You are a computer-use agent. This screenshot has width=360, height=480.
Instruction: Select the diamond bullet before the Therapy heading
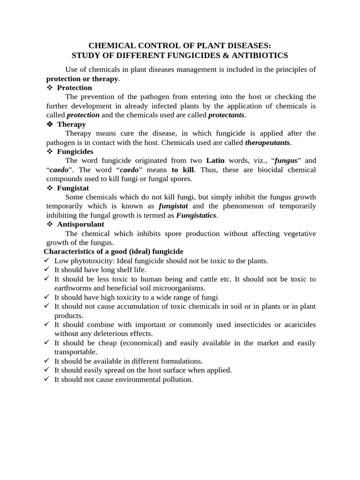(x=50, y=124)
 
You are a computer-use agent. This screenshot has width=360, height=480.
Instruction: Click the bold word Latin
(x=215, y=161)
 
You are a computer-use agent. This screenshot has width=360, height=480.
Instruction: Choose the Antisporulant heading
(x=81, y=225)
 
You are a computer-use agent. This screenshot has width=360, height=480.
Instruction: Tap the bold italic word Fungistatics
(x=196, y=215)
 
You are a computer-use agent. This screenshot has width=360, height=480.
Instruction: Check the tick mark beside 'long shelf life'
(x=47, y=270)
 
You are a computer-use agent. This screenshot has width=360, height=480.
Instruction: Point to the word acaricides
(x=295, y=325)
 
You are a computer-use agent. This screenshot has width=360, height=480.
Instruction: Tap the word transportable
(x=76, y=352)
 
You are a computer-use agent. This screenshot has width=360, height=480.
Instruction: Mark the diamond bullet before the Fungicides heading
(x=50, y=151)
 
